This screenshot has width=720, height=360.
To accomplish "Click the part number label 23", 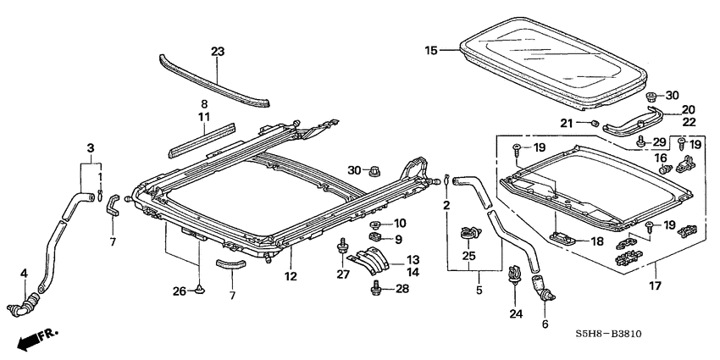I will [218, 52].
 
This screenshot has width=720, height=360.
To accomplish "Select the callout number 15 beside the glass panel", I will [431, 52].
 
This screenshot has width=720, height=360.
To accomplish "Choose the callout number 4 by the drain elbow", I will [24, 273].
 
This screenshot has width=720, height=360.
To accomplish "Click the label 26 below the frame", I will [180, 291].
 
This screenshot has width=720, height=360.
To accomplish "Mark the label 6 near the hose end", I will [545, 324].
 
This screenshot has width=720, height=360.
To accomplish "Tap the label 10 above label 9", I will [401, 223].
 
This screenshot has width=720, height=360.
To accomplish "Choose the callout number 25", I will [468, 255].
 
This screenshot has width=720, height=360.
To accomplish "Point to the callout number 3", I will [90, 147].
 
